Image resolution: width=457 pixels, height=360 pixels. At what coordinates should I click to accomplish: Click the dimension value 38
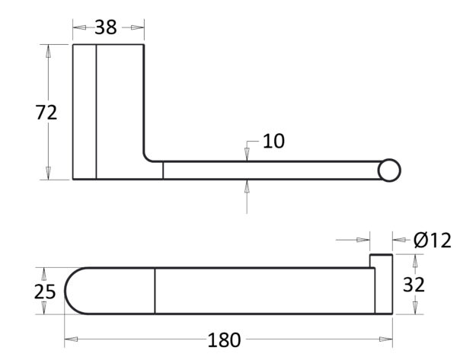(106, 27)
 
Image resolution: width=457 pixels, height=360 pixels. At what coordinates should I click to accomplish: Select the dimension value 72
(46, 113)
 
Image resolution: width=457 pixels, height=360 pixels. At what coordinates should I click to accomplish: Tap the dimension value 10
(273, 142)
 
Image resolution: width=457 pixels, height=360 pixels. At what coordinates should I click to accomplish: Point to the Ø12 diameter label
(432, 241)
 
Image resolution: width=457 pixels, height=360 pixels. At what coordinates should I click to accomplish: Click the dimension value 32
(414, 285)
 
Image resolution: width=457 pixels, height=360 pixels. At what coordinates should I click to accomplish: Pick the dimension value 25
(45, 292)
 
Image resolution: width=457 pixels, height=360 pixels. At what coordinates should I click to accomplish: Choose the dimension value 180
(224, 340)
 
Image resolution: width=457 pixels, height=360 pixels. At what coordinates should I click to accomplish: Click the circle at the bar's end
(389, 170)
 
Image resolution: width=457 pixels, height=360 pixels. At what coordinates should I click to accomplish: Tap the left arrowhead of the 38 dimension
(79, 27)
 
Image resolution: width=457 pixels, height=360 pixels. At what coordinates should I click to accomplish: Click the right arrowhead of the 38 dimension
(138, 27)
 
